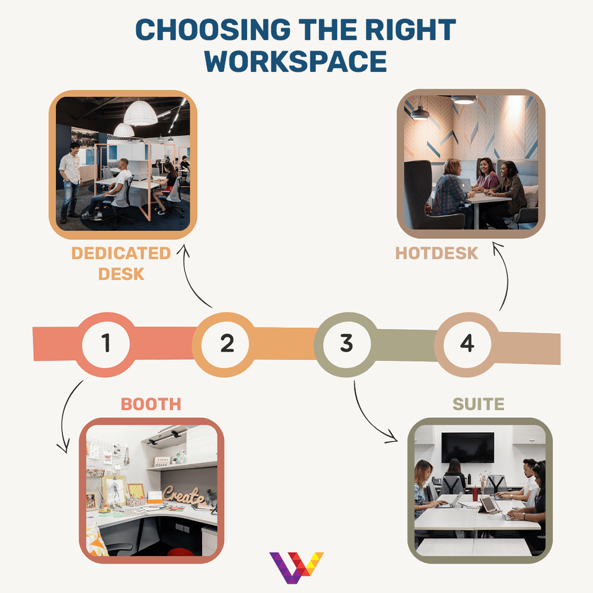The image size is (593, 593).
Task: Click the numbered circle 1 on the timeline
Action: click(106, 344)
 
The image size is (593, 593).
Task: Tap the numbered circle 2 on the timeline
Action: click(227, 344)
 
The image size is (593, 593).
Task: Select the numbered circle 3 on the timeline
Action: click(346, 343)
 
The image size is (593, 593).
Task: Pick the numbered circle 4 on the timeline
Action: click(467, 344)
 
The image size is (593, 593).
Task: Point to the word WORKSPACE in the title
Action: click(296, 61)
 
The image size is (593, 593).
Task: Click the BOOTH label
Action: click(151, 404)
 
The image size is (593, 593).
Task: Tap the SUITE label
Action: click(478, 404)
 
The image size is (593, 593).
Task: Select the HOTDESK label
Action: click(436, 253)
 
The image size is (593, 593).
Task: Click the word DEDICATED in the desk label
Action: click(121, 254)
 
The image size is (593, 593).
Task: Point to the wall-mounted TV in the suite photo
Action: click(468, 447)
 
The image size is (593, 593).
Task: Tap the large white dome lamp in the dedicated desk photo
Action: click(141, 113)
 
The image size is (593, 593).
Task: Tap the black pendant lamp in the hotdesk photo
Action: click(420, 113)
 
